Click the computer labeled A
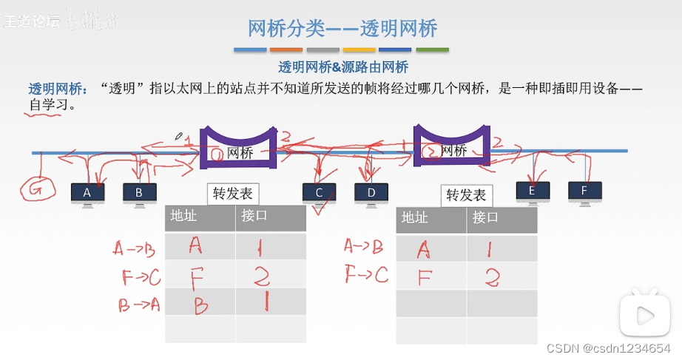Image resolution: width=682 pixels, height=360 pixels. click(x=87, y=194)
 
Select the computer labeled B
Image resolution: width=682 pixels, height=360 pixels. click(x=139, y=194)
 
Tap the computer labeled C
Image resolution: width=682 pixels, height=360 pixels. click(x=319, y=194)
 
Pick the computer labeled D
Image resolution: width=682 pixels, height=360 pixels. click(x=371, y=194)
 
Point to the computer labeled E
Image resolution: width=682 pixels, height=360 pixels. click(x=533, y=191)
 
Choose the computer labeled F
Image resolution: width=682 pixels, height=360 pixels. click(x=584, y=191)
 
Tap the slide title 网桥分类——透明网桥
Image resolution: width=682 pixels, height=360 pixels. click(x=342, y=28)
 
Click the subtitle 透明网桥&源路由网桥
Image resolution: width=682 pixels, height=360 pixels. click(x=343, y=67)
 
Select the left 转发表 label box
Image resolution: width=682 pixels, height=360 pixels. click(x=233, y=194)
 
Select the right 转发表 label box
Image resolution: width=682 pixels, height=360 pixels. click(x=466, y=195)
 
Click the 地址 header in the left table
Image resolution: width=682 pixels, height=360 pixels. click(x=183, y=217)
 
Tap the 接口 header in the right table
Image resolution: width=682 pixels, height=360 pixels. click(x=485, y=218)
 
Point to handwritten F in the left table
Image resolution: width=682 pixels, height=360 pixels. click(x=196, y=276)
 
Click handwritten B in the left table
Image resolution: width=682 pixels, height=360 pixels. click(x=198, y=305)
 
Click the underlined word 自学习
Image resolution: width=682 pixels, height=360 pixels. click(x=48, y=106)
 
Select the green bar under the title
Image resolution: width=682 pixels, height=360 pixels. click(x=432, y=50)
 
